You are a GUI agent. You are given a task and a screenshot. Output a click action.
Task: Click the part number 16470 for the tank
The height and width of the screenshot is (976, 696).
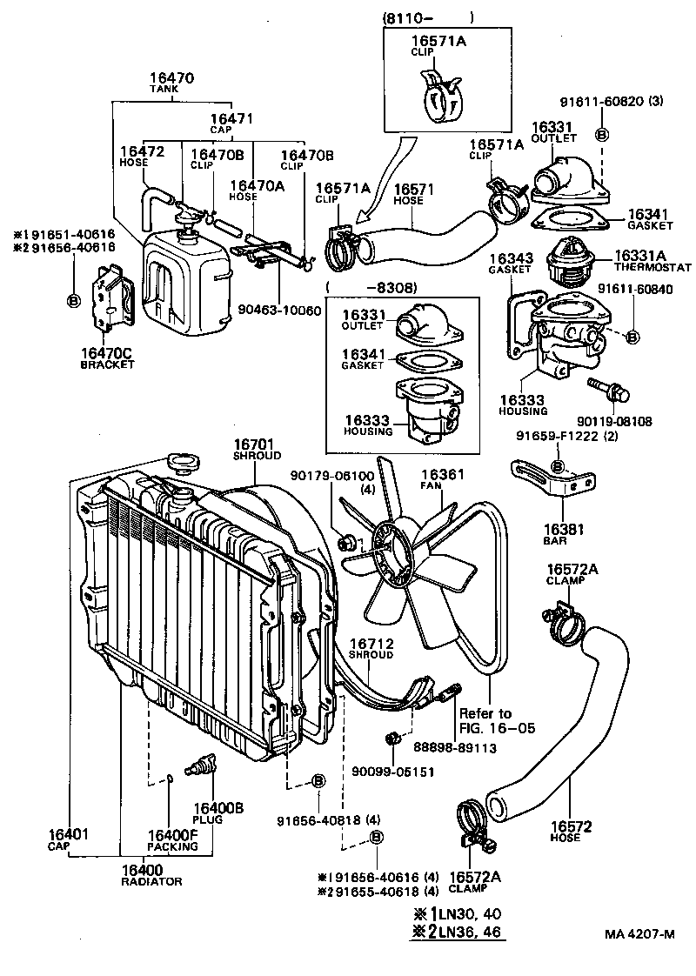[171, 78]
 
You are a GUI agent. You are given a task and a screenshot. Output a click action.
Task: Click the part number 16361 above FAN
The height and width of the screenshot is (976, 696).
[443, 475]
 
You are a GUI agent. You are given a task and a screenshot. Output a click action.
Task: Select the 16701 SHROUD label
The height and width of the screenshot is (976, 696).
[256, 448]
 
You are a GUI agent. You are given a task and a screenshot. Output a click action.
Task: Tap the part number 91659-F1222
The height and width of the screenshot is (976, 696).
[565, 438]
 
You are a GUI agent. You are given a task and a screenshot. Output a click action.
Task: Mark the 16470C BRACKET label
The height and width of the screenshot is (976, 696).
[107, 358]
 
